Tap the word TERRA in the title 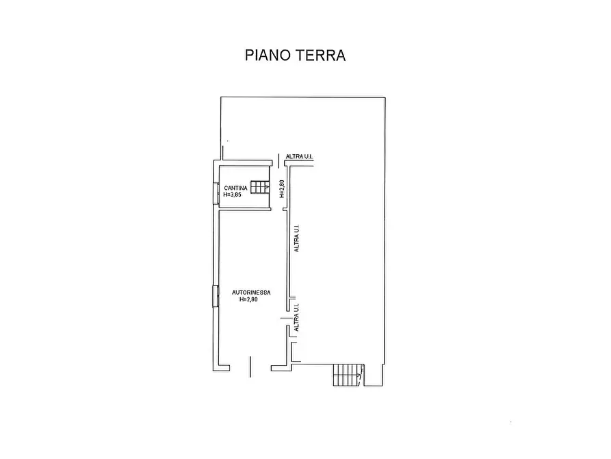coord(320,55)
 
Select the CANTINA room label coord(235,188)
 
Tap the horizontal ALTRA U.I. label coord(300,158)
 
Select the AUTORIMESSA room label coord(250,293)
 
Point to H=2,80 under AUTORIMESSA coord(250,300)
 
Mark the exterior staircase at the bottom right coord(346,375)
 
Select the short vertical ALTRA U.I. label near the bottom coord(296,319)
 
